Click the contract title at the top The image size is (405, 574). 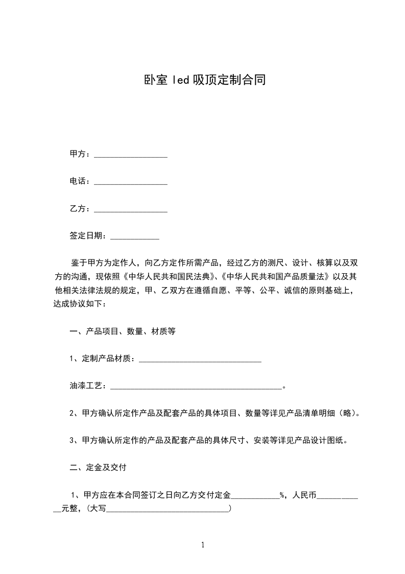click(x=203, y=80)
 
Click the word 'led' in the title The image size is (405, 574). click(x=180, y=80)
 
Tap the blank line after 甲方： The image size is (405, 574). click(x=131, y=154)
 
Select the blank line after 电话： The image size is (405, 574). click(x=131, y=182)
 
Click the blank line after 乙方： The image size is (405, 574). click(x=131, y=209)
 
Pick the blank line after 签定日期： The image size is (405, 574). click(x=135, y=236)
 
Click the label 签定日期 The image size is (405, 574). click(x=86, y=236)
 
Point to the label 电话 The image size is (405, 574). click(x=78, y=181)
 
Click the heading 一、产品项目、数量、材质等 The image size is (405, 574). click(x=123, y=332)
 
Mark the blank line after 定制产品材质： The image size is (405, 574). click(x=200, y=360)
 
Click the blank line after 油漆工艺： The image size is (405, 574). click(x=196, y=387)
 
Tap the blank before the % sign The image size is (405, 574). click(x=255, y=496)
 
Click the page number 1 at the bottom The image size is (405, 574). click(x=203, y=545)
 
